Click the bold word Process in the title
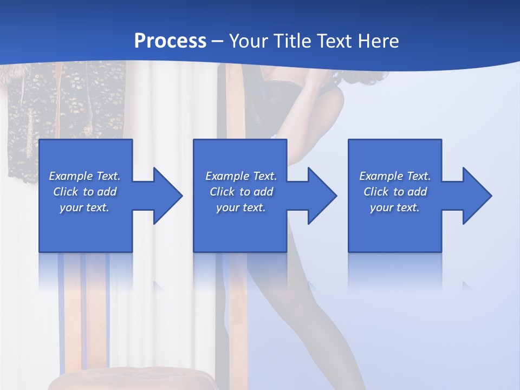pos(170,41)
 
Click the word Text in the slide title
pos(334,41)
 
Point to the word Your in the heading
pos(249,41)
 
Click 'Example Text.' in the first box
pos(84,176)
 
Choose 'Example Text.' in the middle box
pos(240,176)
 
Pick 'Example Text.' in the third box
pos(395,176)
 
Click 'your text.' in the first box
pos(84,207)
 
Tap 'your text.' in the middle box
pos(240,207)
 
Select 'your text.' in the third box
pos(395,207)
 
